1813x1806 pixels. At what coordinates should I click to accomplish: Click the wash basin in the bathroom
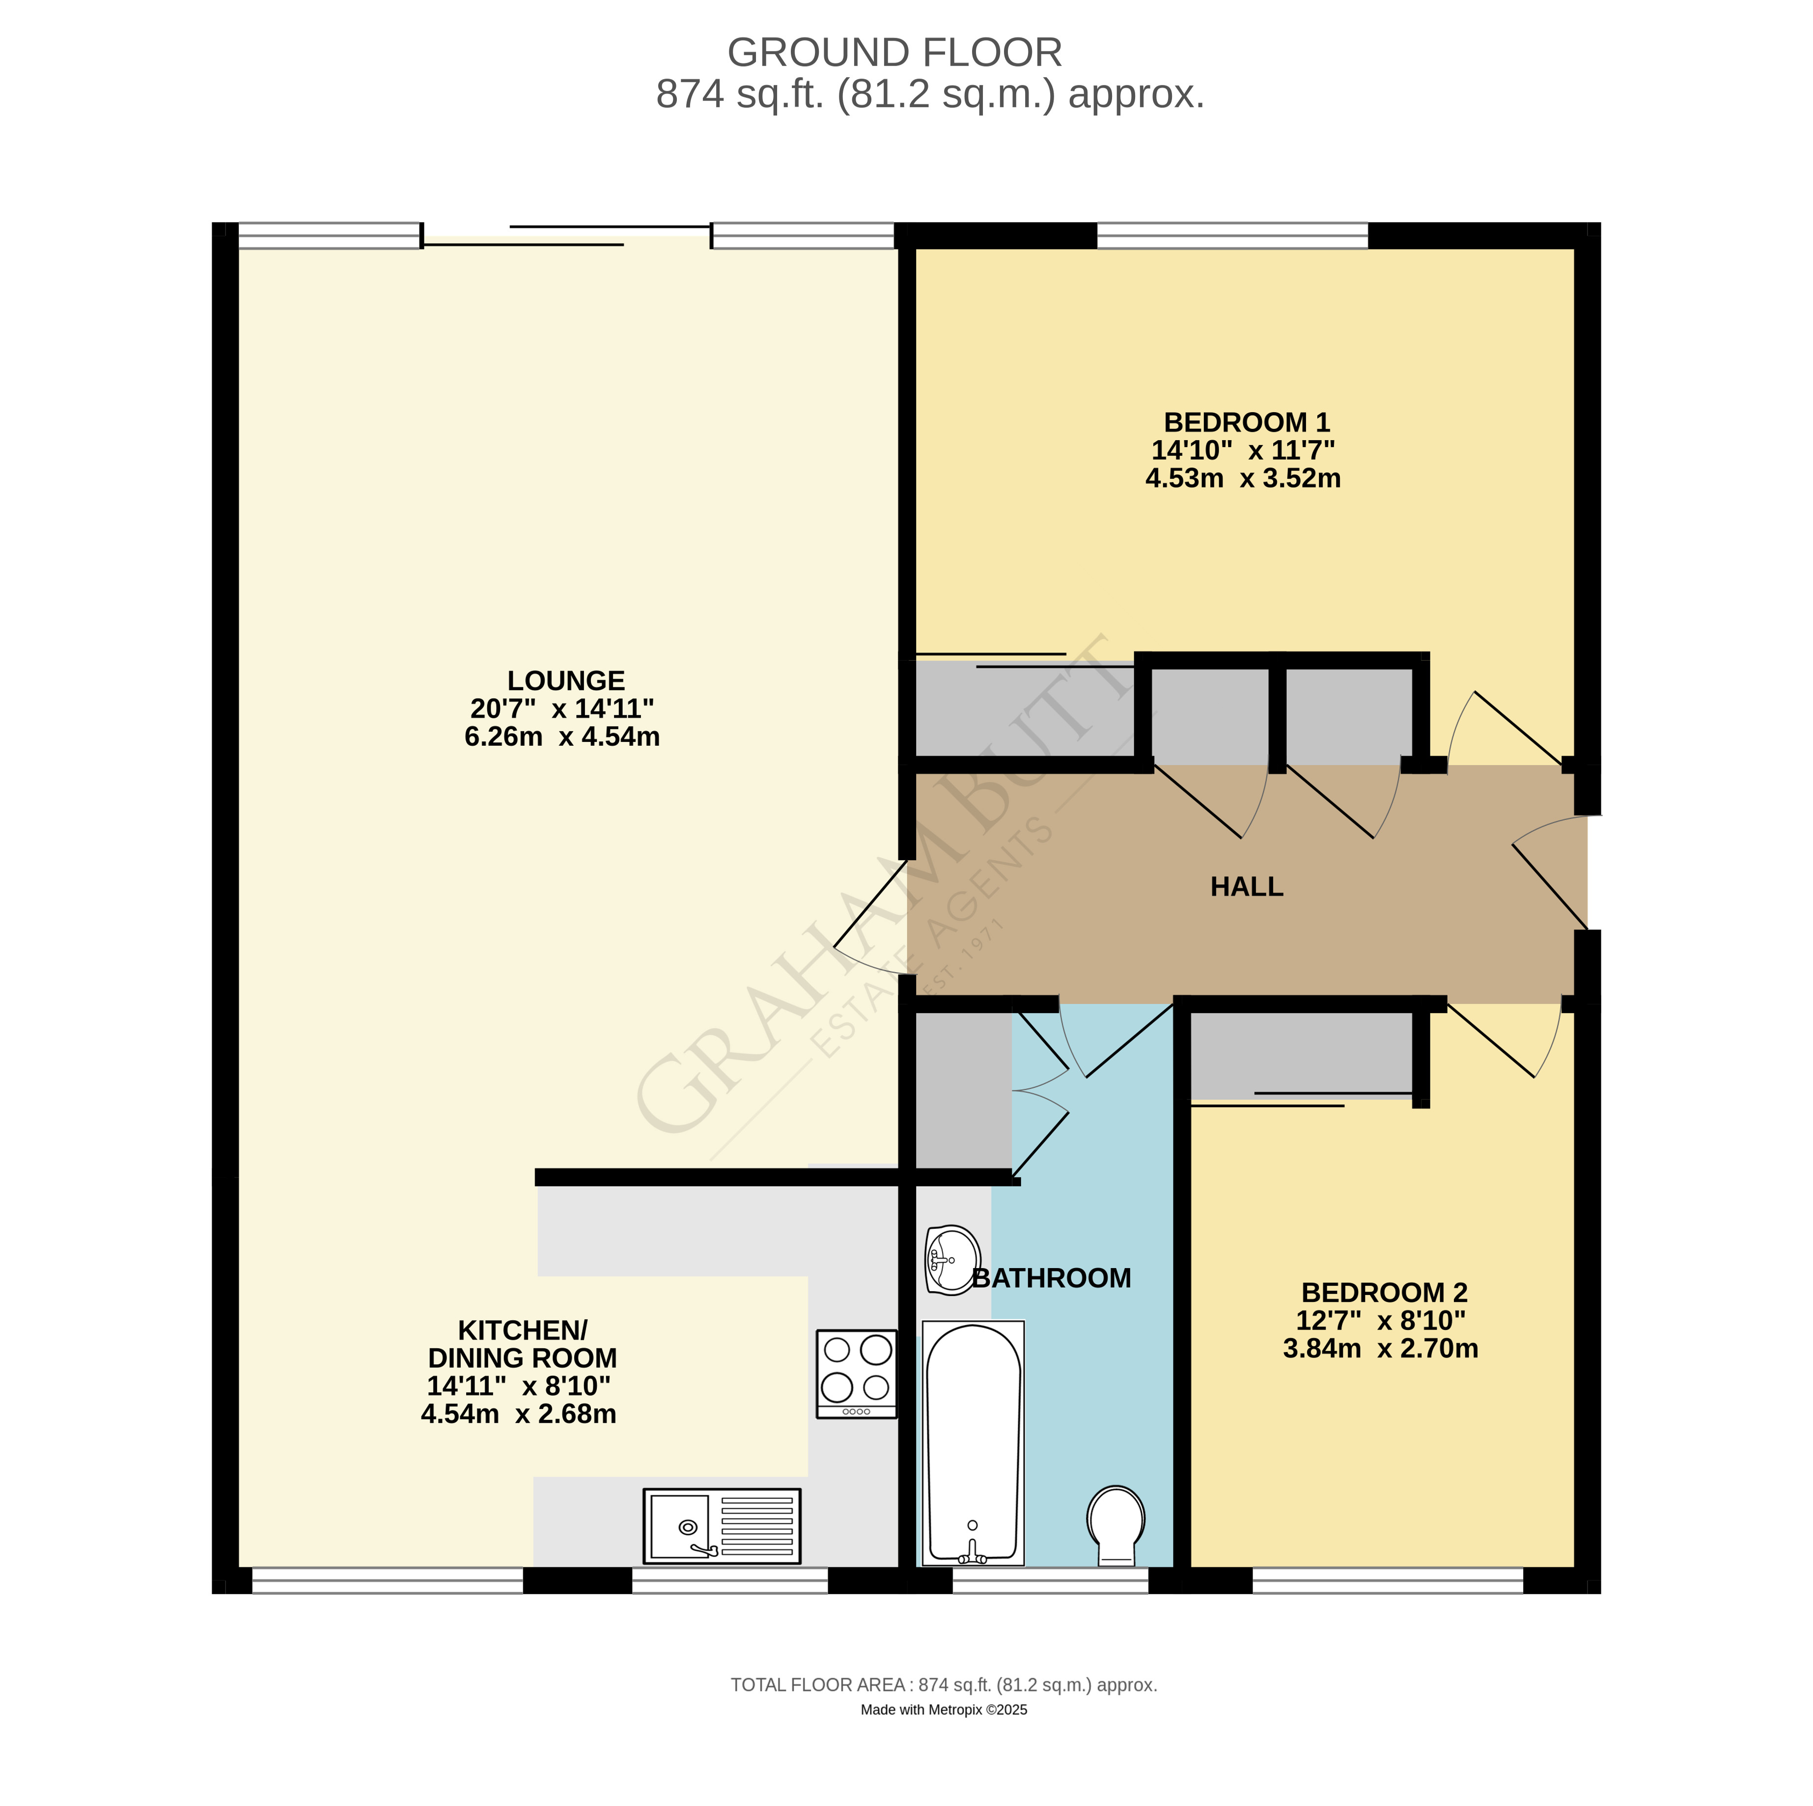pyautogui.click(x=951, y=1260)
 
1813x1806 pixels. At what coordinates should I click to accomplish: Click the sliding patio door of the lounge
pyautogui.click(x=567, y=236)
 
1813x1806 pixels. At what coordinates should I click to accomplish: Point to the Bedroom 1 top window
pyautogui.click(x=1231, y=236)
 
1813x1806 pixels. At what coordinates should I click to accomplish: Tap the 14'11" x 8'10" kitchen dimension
pyautogui.click(x=518, y=1385)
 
